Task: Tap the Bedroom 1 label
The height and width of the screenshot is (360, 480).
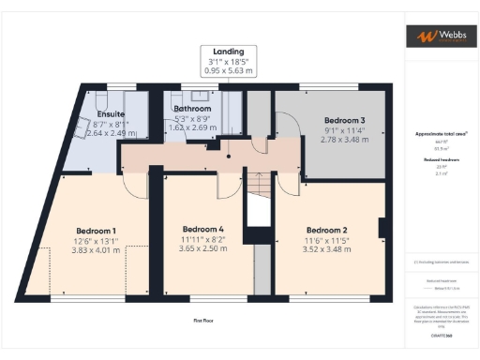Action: (97, 231)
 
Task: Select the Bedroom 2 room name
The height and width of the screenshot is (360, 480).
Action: (327, 231)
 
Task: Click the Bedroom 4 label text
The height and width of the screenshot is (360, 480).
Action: (203, 229)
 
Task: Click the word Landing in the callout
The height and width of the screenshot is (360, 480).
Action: (229, 52)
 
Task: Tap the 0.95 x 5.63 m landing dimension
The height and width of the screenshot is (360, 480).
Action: (229, 71)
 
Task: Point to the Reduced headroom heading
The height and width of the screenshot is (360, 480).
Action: (439, 159)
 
